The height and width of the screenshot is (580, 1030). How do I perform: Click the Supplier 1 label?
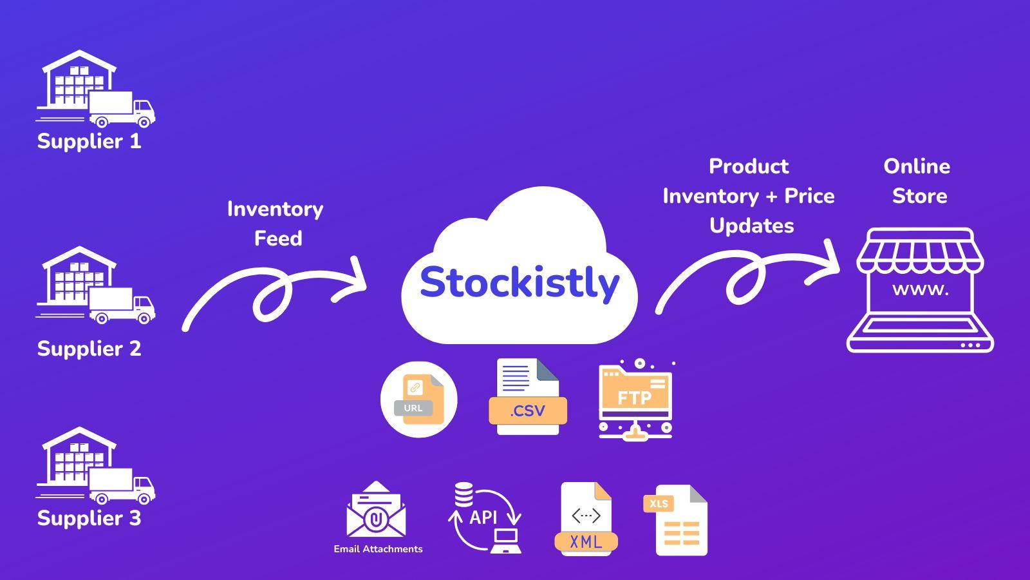click(89, 141)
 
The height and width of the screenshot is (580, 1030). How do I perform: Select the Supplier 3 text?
click(89, 518)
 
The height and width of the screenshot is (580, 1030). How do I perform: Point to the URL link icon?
click(419, 400)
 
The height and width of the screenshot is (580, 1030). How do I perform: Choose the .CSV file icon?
click(528, 397)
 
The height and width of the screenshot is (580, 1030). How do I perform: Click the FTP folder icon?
click(635, 400)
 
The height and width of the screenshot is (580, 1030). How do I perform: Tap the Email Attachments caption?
click(378, 549)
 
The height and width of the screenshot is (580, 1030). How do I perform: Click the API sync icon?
click(484, 517)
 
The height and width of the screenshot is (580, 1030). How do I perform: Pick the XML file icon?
click(585, 519)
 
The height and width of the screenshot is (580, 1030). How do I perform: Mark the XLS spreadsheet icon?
click(676, 521)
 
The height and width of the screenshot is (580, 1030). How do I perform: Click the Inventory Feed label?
click(276, 224)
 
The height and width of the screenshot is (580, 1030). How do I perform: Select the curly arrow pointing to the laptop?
click(747, 277)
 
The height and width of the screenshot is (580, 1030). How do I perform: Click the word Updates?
click(751, 226)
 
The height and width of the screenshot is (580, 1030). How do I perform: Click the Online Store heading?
click(917, 181)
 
